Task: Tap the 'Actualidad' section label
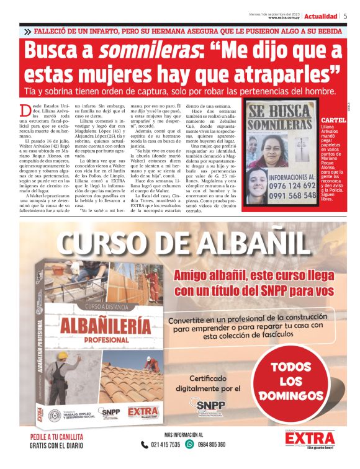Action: tap(321, 16)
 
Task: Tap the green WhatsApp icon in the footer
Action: tap(190, 444)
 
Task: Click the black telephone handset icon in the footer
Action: tap(144, 444)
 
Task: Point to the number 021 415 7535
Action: tap(166, 445)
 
